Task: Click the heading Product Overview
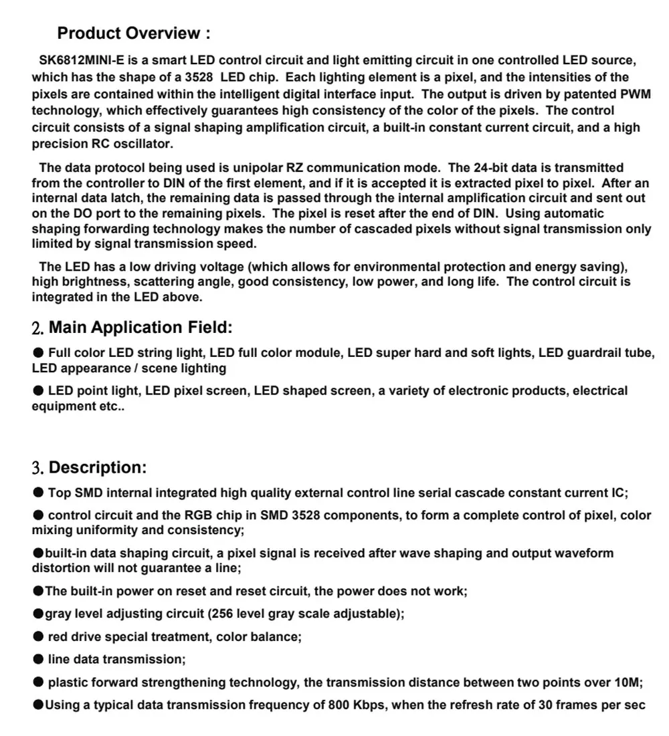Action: coord(134,33)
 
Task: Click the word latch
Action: coord(126,198)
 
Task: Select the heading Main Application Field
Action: coord(140,328)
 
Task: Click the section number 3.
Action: coord(38,468)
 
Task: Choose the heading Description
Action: coord(98,467)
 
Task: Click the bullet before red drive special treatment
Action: coord(39,637)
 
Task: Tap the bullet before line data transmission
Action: coord(39,660)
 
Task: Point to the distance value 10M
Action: coord(628,683)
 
